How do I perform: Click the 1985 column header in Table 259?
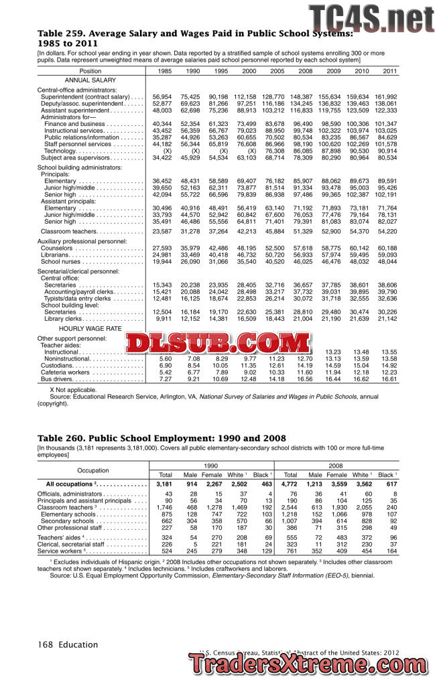[x=164, y=71]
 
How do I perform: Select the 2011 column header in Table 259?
[x=389, y=71]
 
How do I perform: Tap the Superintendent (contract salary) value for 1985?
[x=162, y=97]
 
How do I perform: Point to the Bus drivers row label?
[x=55, y=379]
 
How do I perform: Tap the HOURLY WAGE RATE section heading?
[x=90, y=329]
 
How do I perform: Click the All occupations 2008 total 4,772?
[x=289, y=484]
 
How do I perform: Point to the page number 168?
[x=46, y=644]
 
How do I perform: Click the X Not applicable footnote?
[x=73, y=389]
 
